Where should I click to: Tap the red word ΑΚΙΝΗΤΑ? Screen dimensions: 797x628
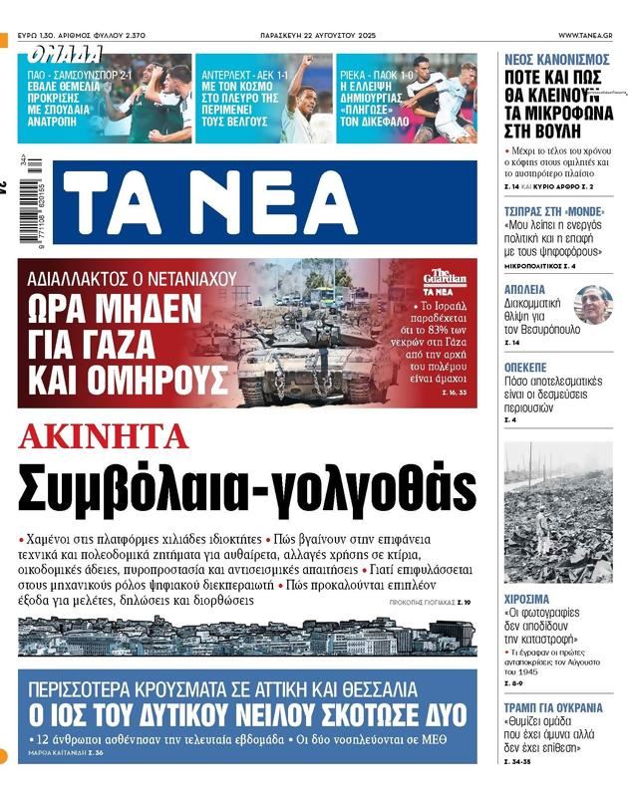104,435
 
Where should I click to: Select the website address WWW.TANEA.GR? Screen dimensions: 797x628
585,35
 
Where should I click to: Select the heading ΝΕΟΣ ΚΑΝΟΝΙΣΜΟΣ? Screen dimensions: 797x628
560,60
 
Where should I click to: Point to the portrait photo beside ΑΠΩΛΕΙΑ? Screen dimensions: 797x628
594,304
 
